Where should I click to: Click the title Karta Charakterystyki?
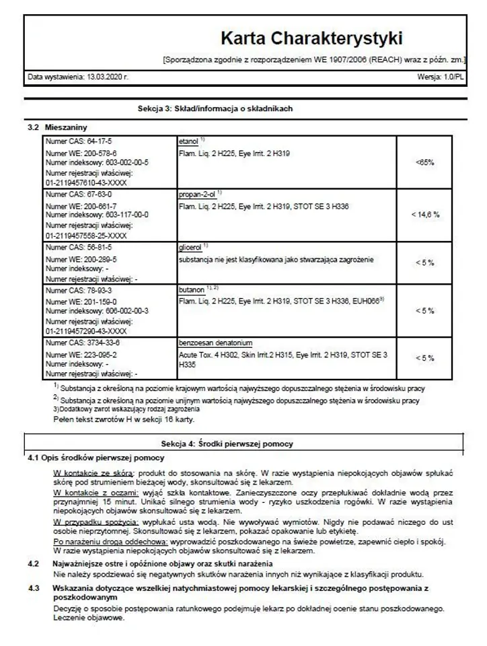(x=311, y=37)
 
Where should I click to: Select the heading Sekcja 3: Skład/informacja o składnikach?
(x=215, y=109)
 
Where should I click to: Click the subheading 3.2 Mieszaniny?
(x=57, y=127)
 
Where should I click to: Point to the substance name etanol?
(x=188, y=142)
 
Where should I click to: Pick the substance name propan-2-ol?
(x=196, y=194)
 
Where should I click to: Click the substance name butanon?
(x=191, y=289)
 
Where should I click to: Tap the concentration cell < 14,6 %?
(x=425, y=214)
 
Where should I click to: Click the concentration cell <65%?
(x=424, y=162)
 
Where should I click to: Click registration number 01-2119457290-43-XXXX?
(x=86, y=331)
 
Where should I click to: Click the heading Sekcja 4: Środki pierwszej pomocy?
(x=227, y=443)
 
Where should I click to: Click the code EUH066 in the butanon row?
(x=369, y=301)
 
